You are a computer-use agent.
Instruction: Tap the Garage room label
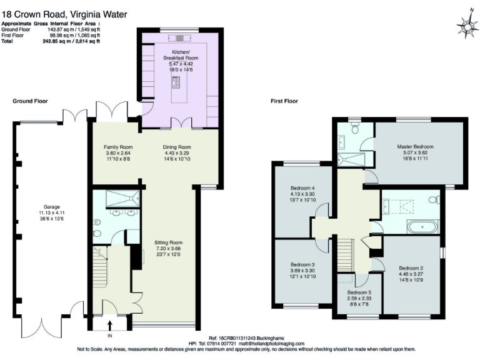[51, 207]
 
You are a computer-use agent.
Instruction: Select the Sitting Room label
[168, 242]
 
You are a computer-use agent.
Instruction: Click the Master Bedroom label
[415, 147]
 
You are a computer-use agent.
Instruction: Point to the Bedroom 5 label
[359, 292]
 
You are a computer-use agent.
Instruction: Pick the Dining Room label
[177, 147]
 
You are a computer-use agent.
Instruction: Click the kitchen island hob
[176, 82]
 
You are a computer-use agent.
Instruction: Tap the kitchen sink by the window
[180, 38]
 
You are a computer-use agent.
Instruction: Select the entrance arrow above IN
[110, 326]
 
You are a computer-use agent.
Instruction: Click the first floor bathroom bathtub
[422, 227]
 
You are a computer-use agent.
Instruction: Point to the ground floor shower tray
[122, 199]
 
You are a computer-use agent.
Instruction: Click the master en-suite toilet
[355, 128]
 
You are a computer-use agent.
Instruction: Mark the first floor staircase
[346, 256]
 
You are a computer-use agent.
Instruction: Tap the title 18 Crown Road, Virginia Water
[64, 14]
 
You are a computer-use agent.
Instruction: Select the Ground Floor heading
[30, 101]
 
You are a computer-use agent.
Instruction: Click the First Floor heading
[284, 101]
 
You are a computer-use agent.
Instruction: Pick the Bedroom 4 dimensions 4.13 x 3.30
[302, 194]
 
